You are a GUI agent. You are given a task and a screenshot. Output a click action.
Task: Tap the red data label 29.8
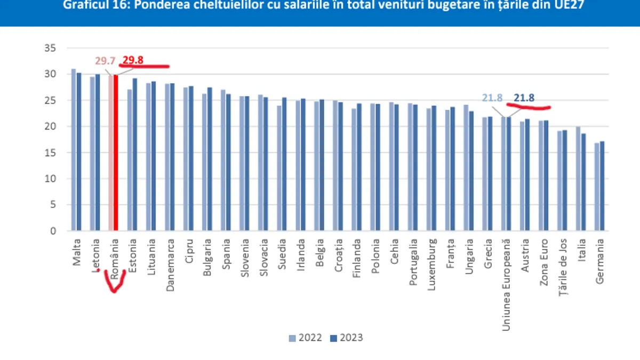(132, 60)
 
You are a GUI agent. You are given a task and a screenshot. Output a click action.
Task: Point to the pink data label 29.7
(105, 61)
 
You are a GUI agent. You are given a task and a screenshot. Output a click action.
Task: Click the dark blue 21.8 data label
(524, 98)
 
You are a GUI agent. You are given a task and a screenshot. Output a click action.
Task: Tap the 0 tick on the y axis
(53, 231)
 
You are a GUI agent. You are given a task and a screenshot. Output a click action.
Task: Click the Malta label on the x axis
(76, 253)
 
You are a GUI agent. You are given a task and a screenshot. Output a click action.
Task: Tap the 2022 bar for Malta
(74, 150)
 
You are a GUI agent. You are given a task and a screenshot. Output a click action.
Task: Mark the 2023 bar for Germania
(602, 186)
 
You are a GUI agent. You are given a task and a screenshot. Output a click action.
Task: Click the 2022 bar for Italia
(578, 179)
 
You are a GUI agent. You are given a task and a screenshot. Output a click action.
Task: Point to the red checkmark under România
(113, 283)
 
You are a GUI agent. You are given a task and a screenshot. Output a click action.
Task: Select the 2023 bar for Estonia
(134, 155)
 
